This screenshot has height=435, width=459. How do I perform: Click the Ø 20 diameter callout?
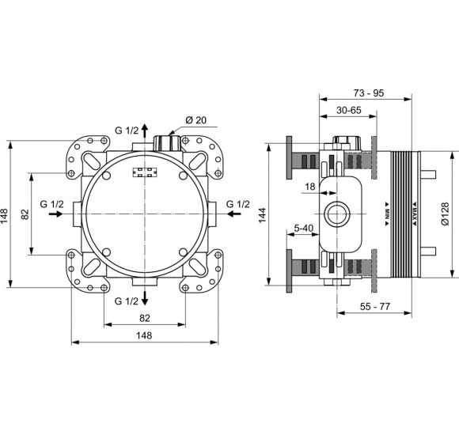coord(195,120)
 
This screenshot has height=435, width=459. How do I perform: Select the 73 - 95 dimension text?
coord(368,93)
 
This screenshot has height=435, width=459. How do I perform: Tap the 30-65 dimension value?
coord(349,110)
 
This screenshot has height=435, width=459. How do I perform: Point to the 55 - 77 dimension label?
coord(375,307)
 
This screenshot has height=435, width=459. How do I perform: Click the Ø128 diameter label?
coord(445,214)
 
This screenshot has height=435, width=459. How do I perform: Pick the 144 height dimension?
coord(262,215)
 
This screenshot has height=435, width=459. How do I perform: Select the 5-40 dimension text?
coord(304,228)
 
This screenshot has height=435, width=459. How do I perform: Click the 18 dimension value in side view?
coord(310,187)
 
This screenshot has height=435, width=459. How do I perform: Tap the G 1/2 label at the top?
coord(127,130)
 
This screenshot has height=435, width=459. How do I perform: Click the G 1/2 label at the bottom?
coord(126,301)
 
